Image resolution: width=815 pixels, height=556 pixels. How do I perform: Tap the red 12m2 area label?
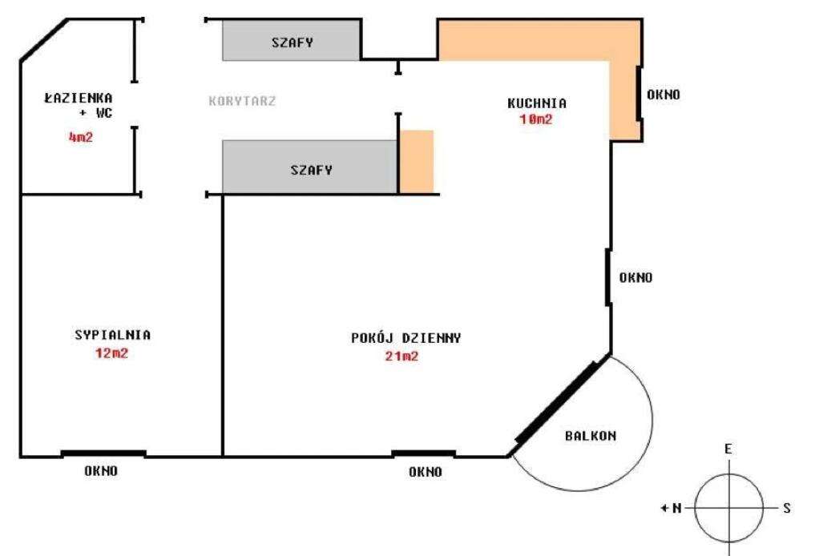coord(111,353)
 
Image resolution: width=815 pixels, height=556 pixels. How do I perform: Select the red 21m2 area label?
coord(401,357)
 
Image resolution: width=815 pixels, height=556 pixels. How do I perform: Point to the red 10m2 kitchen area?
coord(537,119)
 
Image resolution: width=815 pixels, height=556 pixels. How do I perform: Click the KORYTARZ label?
coord(242,102)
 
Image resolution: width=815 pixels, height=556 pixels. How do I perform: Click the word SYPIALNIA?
coord(111,336)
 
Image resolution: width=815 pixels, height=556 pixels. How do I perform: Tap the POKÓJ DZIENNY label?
coord(405,338)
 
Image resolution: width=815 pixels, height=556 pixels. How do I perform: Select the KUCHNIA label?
coord(537,103)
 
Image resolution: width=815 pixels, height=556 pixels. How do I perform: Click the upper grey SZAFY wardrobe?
coord(291,42)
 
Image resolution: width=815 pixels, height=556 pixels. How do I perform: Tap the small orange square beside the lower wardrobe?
coord(416,161)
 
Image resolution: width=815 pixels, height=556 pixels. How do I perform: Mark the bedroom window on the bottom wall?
coord(103,454)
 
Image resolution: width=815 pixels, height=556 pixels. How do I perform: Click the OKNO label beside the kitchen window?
coord(663,95)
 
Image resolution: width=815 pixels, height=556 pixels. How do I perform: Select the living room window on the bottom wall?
coord(423,454)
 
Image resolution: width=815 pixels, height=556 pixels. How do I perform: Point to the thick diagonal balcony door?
coord(556,402)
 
